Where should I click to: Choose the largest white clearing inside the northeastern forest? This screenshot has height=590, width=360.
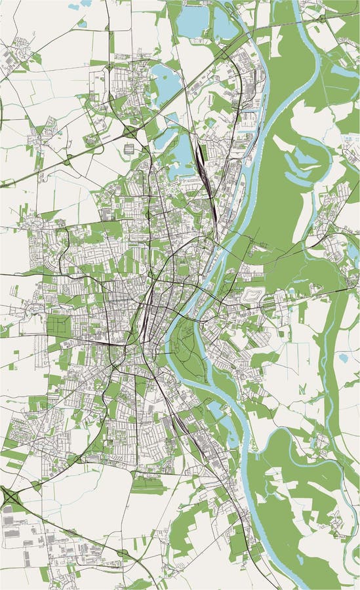pyautogui.click(x=308, y=118)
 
